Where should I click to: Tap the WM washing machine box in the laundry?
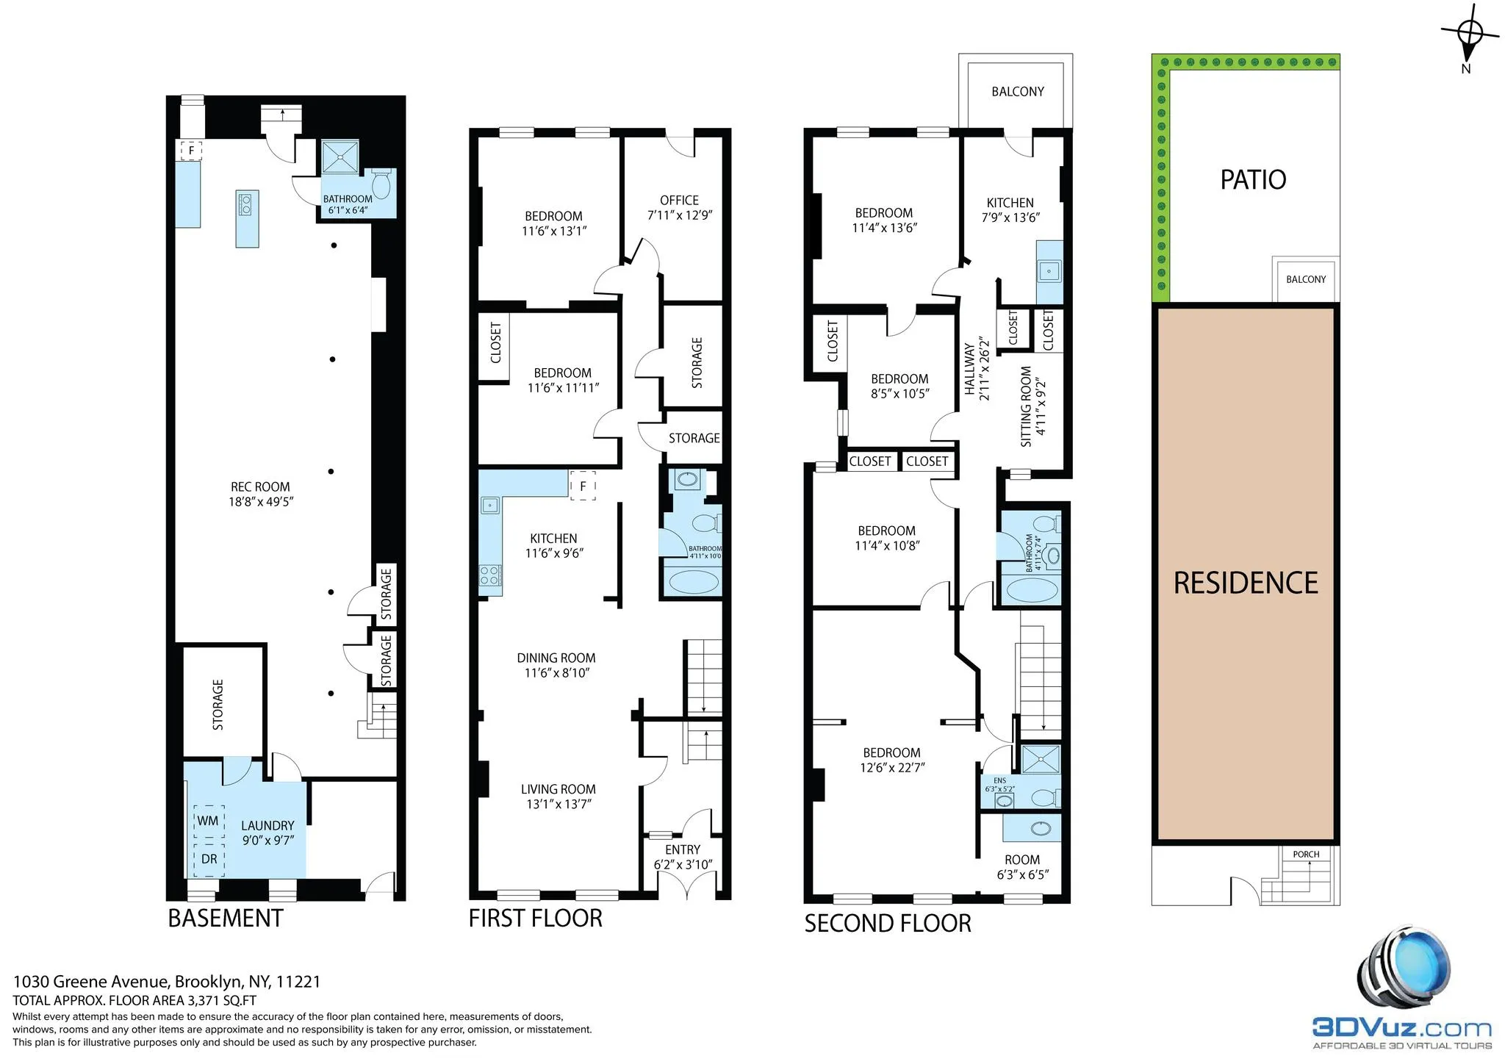[x=208, y=820]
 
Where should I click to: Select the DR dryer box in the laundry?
[x=209, y=858]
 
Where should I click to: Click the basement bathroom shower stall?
[x=340, y=156]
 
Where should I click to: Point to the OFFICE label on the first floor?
[x=679, y=201]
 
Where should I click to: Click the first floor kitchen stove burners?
[x=490, y=575]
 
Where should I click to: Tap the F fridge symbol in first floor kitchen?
[x=583, y=486]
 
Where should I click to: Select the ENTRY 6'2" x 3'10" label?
[x=683, y=857]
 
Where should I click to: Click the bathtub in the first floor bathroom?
[x=692, y=582]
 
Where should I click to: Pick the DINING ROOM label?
[x=556, y=658]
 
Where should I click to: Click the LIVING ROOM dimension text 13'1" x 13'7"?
[x=558, y=804]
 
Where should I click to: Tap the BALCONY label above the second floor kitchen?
[x=1017, y=92]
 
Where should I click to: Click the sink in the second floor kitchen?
[x=1049, y=271]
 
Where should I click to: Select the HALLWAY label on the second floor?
[x=970, y=370]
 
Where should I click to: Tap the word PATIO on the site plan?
[x=1253, y=180]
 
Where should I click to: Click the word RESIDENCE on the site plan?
[x=1246, y=583]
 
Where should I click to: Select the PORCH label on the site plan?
[x=1306, y=855]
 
